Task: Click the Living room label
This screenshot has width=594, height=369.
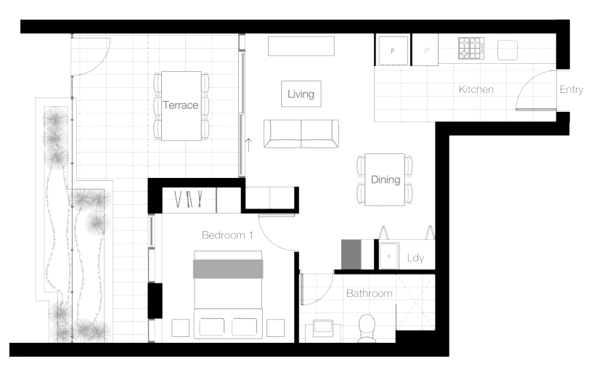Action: coord(301,94)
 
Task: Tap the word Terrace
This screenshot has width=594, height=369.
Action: coord(180,105)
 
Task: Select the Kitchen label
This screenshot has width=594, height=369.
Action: coord(476,89)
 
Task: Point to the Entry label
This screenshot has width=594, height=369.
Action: coord(571,90)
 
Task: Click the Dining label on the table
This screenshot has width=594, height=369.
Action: coord(386,179)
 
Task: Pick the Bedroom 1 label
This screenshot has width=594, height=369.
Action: coord(227,235)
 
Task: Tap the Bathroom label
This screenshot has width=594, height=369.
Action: coord(370,293)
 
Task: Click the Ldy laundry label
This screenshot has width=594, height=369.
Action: coord(415,258)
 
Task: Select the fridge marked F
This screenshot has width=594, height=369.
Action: coord(393,51)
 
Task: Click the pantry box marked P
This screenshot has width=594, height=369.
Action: coord(425,50)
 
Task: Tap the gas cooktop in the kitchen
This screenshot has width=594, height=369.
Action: coord(471,48)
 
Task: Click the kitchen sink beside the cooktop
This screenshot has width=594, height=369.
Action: coord(508,50)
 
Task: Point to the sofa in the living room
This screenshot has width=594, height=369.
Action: coord(301,134)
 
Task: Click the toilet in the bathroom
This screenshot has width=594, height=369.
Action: coord(366,328)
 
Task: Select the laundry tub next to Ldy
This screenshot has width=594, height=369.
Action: coord(388,256)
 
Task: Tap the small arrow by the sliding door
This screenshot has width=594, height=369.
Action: coord(248,145)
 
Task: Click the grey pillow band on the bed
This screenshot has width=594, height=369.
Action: coord(228,269)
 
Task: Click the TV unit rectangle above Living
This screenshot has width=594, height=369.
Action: coord(301,46)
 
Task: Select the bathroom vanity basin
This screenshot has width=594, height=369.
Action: coord(322,326)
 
